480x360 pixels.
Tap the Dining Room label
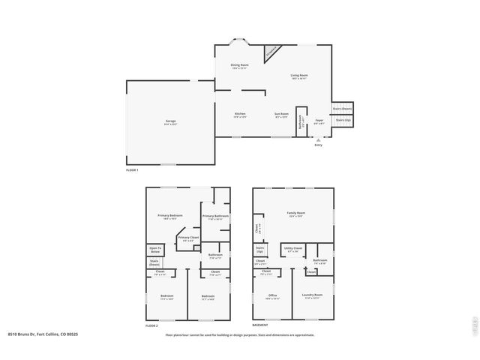pos(239,66)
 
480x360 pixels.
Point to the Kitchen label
pos(240,115)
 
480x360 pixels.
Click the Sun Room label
pos(282,115)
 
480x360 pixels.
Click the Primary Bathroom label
pos(215,217)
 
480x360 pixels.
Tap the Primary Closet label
pos(189,239)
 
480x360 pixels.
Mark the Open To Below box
pos(154,250)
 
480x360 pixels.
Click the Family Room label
pos(296,214)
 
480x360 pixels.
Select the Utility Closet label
pos(293,248)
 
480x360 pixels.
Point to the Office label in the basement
pos(273,296)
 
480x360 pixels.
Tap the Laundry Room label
pos(313,296)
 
